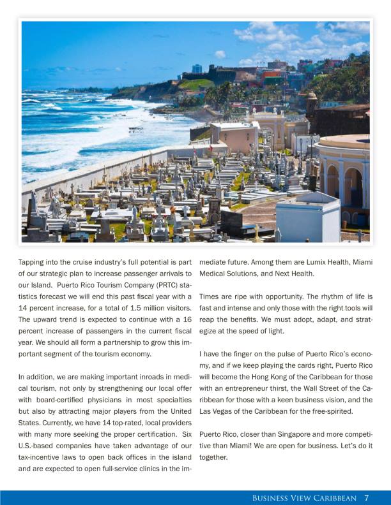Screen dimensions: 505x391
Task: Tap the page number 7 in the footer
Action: (367, 498)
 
